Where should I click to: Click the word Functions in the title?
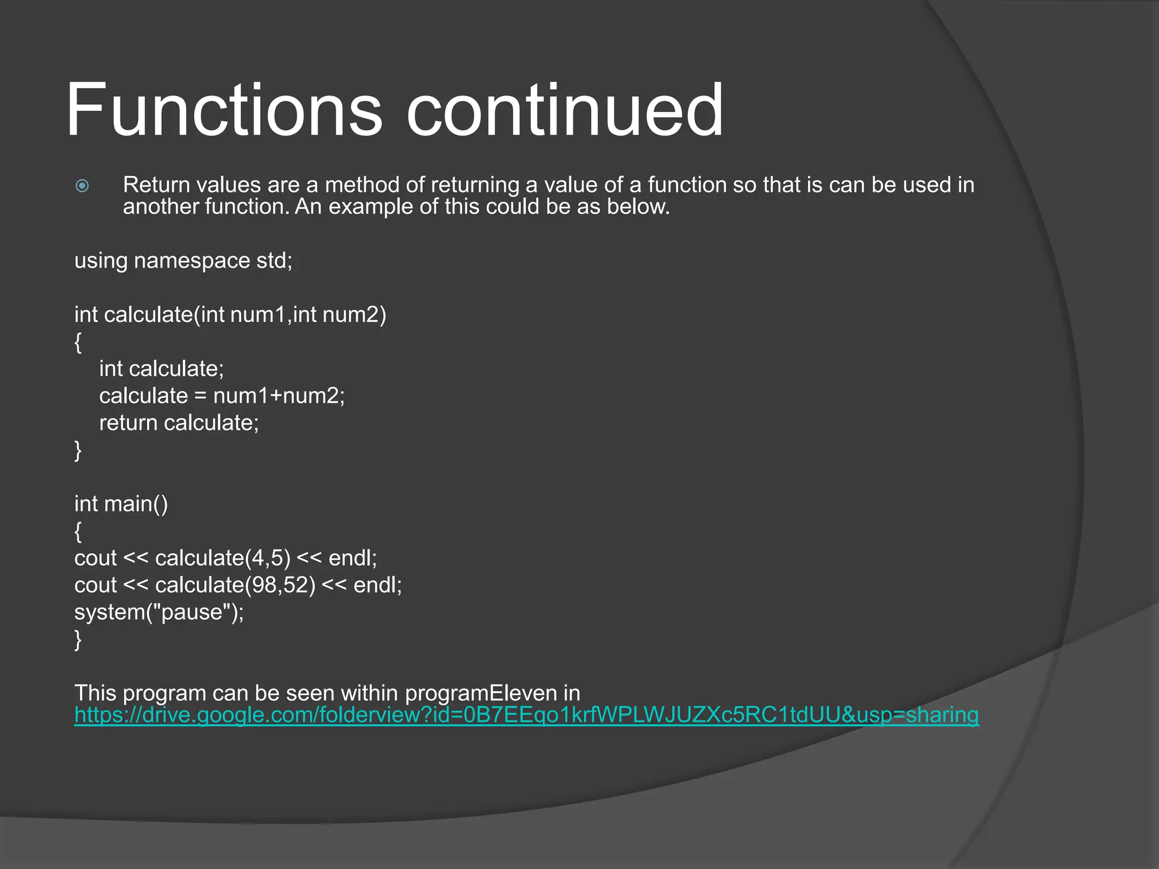tap(224, 110)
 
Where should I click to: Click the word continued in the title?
tap(564, 110)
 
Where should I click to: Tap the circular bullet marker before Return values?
tap(82, 186)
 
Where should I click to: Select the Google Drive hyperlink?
tap(526, 715)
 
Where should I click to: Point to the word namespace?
tap(192, 261)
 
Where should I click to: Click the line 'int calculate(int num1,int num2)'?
tap(230, 315)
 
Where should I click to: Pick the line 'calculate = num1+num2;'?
tap(222, 396)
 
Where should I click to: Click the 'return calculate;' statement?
tap(179, 423)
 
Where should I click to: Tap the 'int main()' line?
tap(121, 504)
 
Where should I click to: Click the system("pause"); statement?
tap(159, 612)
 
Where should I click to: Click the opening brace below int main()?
tap(78, 531)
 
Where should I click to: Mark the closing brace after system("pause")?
tap(78, 640)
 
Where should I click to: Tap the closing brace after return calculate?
tap(78, 450)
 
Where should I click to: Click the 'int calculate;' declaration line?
tap(162, 369)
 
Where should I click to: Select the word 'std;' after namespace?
tap(274, 261)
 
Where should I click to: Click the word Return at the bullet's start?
tap(156, 185)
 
